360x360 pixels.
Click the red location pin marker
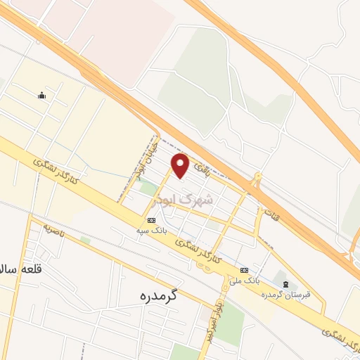[x=181, y=165]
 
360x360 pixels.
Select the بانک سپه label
[x=152, y=229]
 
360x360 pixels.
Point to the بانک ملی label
[x=247, y=280]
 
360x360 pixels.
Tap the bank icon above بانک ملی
[x=244, y=270]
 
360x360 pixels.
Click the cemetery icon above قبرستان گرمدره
[x=285, y=283]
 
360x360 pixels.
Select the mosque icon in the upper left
[x=42, y=96]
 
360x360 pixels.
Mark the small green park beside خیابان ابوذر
[x=149, y=188]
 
